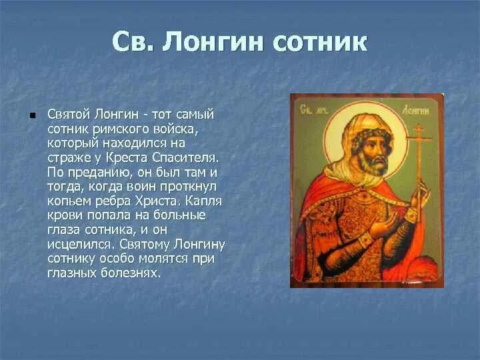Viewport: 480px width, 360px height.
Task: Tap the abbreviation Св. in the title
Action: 133,42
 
